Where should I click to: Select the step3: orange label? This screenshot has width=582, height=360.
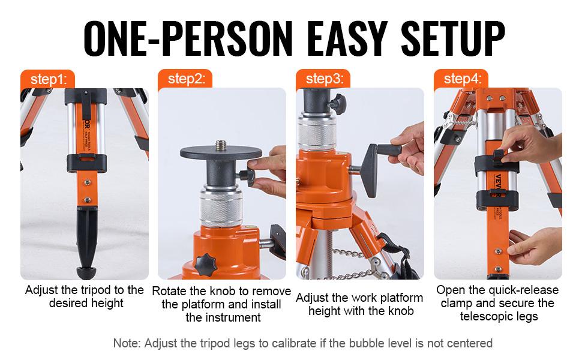pyautogui.click(x=324, y=79)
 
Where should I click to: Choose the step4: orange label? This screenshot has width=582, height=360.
pyautogui.click(x=462, y=79)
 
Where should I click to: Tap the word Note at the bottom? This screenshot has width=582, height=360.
pyautogui.click(x=126, y=343)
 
